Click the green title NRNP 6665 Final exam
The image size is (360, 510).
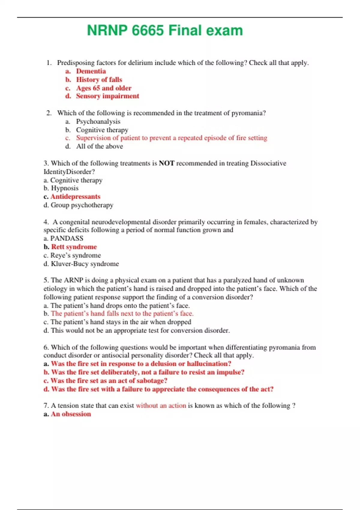coord(165,31)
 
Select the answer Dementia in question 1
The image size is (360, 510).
coord(91,71)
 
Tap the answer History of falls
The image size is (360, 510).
coord(99,79)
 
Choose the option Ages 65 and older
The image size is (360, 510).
coord(103,88)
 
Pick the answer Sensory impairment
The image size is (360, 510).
coord(107,96)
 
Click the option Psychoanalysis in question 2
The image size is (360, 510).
coord(98,121)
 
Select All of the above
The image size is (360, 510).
coord(99,146)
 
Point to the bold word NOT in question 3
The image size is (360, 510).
coord(166,163)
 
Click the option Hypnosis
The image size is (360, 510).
coord(64,188)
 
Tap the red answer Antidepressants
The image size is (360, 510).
coord(75,196)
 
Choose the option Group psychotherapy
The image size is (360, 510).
coord(82,205)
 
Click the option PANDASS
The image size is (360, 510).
coord(67,238)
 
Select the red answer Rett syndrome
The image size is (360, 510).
coord(74,247)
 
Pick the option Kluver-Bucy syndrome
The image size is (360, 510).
coord(85,264)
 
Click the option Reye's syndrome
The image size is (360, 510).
coord(75,255)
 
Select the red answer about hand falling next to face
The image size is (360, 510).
coord(122,313)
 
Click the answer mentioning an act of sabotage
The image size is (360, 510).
coord(109,381)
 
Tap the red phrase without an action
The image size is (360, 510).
coord(161,406)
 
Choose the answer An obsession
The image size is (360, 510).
coord(71,414)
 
